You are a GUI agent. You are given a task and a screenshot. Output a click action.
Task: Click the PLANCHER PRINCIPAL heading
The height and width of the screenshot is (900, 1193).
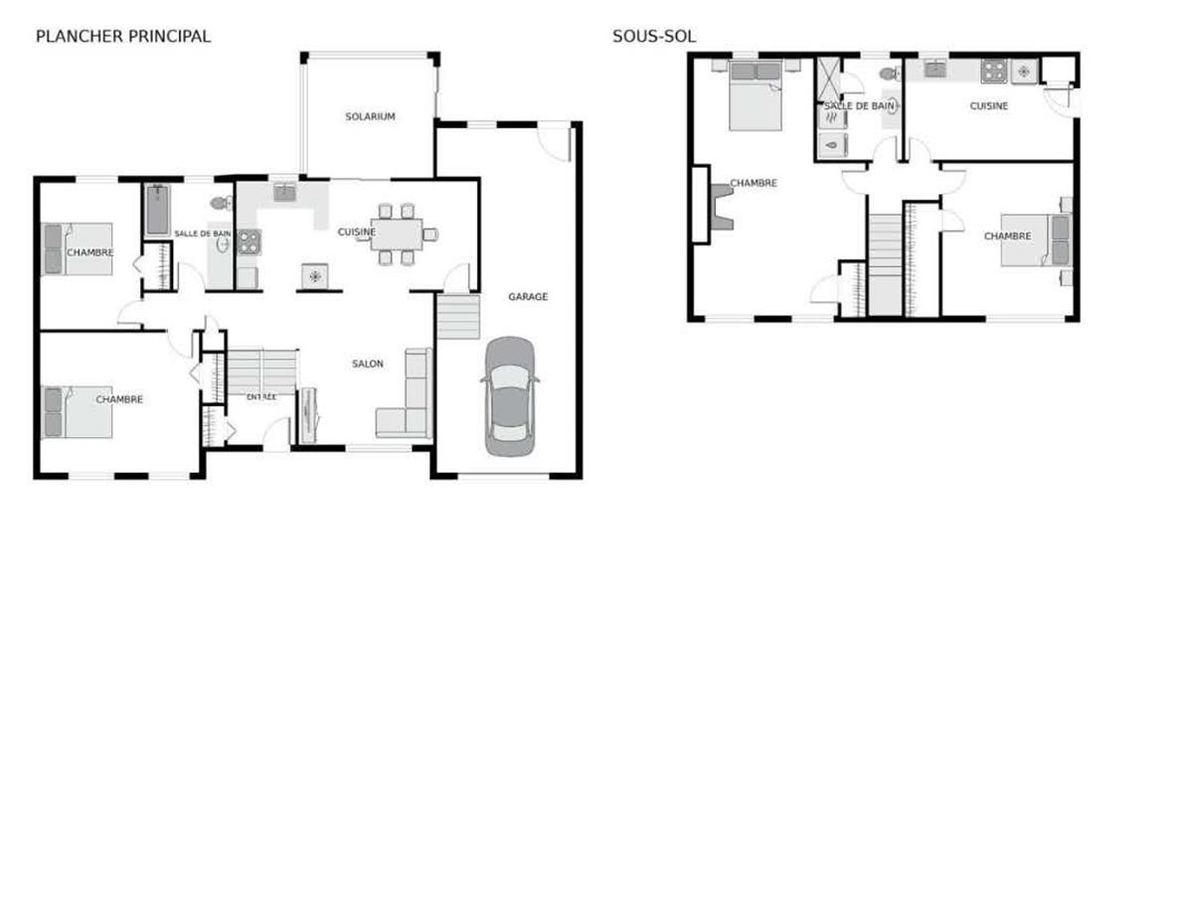122,37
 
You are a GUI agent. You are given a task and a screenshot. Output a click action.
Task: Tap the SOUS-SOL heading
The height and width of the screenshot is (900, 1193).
653,37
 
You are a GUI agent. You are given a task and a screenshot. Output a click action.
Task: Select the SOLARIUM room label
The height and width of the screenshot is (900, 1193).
370,117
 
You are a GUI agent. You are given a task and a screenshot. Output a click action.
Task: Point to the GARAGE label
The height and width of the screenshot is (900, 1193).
527,296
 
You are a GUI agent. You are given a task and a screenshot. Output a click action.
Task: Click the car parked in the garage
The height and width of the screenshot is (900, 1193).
509,395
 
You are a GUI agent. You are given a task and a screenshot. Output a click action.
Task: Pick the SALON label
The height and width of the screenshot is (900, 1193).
367,365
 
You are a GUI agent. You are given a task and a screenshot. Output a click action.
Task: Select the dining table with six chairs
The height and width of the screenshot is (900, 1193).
395,234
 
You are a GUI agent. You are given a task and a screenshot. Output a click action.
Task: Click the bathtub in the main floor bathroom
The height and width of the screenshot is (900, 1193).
157,211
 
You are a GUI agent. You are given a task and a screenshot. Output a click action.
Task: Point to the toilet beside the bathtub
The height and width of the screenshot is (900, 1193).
220,204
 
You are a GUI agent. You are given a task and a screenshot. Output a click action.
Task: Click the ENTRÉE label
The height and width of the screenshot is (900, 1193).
261,397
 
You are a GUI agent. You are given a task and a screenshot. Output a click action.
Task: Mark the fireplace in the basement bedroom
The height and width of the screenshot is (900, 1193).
719,209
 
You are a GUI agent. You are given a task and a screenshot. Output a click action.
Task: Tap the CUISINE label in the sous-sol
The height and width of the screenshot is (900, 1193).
989,106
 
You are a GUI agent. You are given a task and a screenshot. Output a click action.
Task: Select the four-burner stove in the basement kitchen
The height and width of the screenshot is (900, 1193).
994,71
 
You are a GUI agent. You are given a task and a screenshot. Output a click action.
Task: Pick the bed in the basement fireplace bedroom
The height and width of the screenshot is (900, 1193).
757,96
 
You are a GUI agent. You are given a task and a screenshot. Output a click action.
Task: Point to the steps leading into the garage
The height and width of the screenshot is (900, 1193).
458,318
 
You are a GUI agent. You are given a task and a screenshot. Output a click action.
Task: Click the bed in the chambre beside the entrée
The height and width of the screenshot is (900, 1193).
78,411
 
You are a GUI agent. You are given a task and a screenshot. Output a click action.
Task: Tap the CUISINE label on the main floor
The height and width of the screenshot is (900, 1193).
356,232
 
